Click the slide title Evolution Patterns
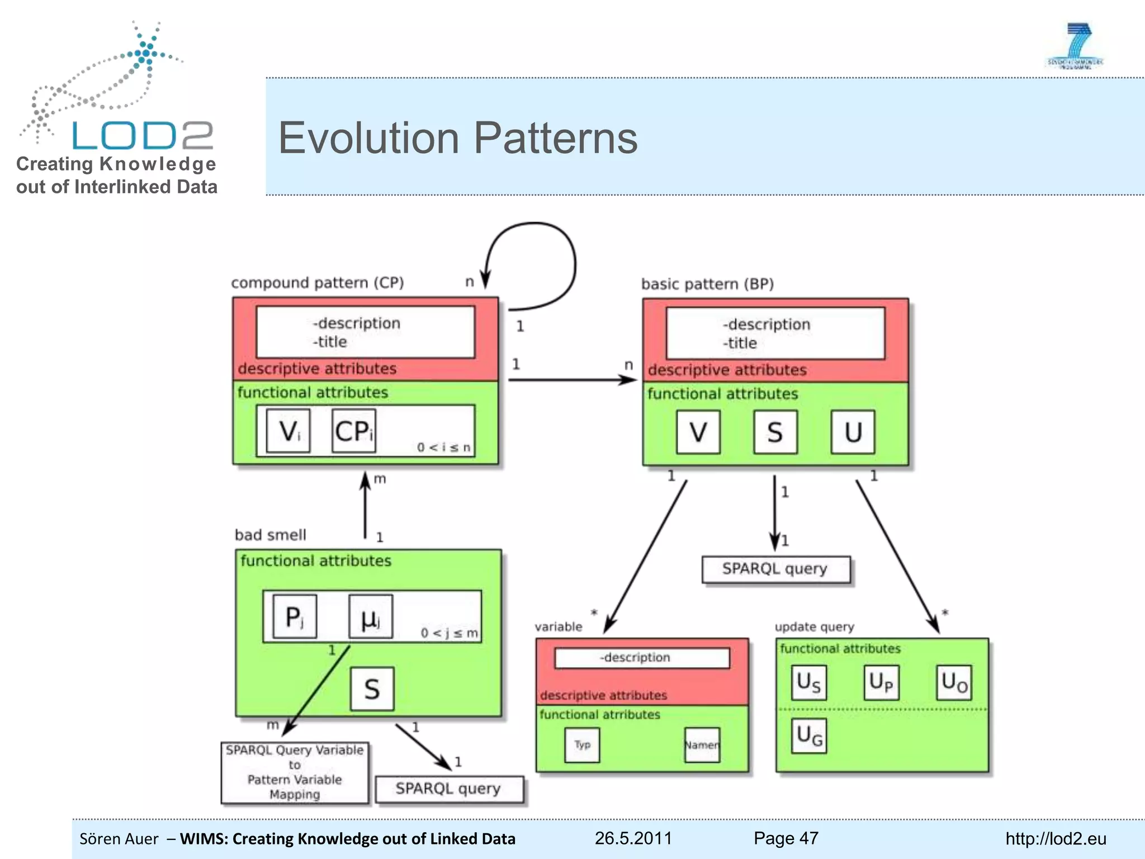click(457, 138)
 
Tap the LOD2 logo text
click(143, 135)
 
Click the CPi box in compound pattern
click(353, 431)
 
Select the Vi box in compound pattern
click(288, 431)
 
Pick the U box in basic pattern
click(853, 432)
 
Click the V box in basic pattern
click(698, 432)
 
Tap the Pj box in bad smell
click(295, 617)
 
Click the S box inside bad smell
click(372, 689)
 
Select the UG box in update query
click(808, 735)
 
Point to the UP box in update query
click(881, 682)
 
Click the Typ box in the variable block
click(582, 745)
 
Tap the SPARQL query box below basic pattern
click(775, 569)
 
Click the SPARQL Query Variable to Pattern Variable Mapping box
click(295, 772)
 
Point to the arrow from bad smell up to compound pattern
click(365, 506)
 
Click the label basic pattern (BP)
click(707, 284)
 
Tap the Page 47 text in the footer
click(786, 838)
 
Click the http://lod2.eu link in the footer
click(1055, 838)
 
